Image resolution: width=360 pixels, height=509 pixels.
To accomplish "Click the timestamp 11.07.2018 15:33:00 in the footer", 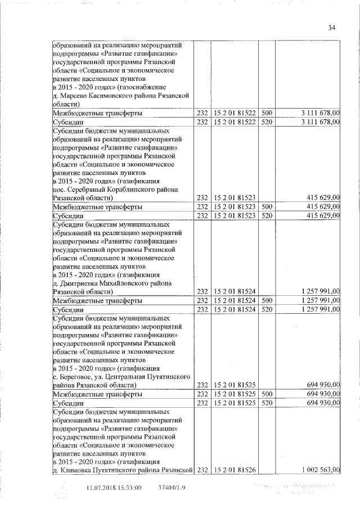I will coord(114,488).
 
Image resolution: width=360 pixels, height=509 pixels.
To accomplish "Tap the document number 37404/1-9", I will coord(172,488).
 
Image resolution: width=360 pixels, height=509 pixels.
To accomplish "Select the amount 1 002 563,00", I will coord(321,470).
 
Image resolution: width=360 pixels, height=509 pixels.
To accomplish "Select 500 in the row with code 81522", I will coord(267,113).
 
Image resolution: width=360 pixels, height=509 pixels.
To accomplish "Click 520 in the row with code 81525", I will coord(267,403).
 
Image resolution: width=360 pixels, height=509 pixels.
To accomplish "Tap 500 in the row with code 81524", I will coord(267,300).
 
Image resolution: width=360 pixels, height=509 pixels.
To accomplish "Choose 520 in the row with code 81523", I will coord(267,216).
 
